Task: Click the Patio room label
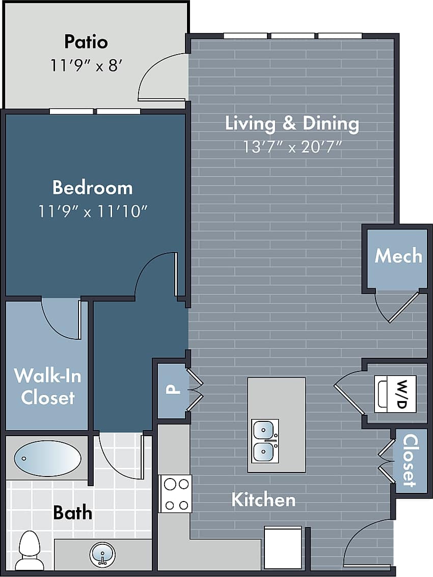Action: (x=86, y=41)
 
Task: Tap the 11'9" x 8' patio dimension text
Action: (x=86, y=65)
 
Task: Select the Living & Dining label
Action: (x=292, y=123)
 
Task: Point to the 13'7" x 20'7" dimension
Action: (x=292, y=147)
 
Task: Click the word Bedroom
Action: (x=92, y=188)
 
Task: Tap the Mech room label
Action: (x=398, y=256)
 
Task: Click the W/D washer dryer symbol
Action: (x=395, y=394)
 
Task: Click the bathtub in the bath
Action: (x=47, y=458)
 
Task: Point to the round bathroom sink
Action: (x=102, y=554)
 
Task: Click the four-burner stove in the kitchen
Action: (x=176, y=493)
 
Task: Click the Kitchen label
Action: (x=263, y=499)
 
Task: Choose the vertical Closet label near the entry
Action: (x=410, y=460)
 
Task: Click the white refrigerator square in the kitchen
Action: (x=283, y=547)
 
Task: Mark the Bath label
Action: (x=73, y=512)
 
